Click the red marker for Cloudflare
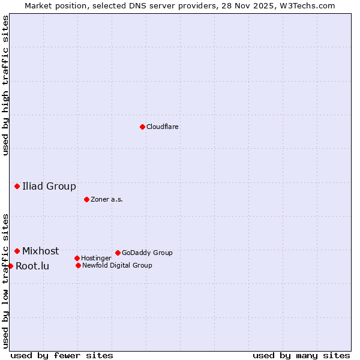click(142, 127)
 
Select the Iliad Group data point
click(17, 186)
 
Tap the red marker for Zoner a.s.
click(86, 199)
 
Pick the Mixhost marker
click(17, 251)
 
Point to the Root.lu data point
click(10, 266)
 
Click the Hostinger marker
click(77, 258)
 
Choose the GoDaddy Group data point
click(118, 253)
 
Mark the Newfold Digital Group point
click(78, 265)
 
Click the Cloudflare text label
click(163, 127)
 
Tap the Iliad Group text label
click(49, 186)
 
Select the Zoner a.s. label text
click(107, 199)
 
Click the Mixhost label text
click(41, 251)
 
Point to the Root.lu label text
click(32, 266)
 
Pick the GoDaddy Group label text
click(147, 253)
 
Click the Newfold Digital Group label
click(117, 265)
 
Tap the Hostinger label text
click(96, 258)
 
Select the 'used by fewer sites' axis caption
click(62, 355)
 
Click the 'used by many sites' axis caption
click(301, 355)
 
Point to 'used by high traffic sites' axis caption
click(5, 86)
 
